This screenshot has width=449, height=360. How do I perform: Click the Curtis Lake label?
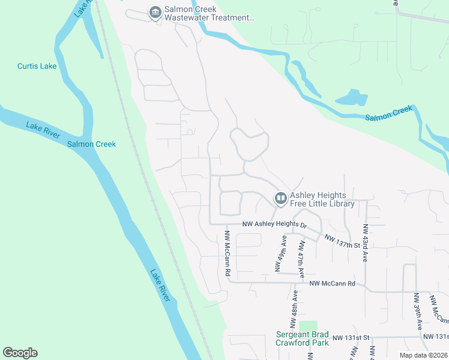tap(37, 66)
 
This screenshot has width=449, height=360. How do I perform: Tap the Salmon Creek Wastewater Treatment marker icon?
tap(155, 12)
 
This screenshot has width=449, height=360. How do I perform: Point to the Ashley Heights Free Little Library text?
tap(322, 199)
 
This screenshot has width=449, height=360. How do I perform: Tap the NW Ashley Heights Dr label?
tap(274, 225)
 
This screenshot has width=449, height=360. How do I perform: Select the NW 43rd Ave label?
tap(365, 242)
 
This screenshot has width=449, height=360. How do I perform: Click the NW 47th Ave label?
tap(300, 256)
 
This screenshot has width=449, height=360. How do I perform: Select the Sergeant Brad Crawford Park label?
tap(302, 338)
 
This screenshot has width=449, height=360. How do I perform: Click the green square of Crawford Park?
tap(308, 325)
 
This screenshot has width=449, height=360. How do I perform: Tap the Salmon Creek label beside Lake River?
tap(91, 144)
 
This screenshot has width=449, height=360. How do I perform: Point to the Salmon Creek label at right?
tap(389, 113)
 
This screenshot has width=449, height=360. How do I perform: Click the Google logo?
tap(20, 353)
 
